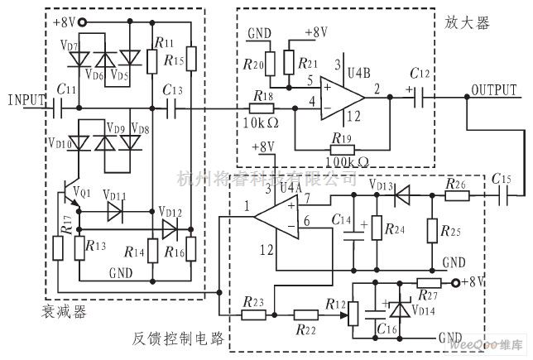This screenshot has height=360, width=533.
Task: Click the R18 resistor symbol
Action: pos(263,108)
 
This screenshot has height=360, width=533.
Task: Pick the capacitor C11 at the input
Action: pos(57,108)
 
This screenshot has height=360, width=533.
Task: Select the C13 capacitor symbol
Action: pos(174,108)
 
